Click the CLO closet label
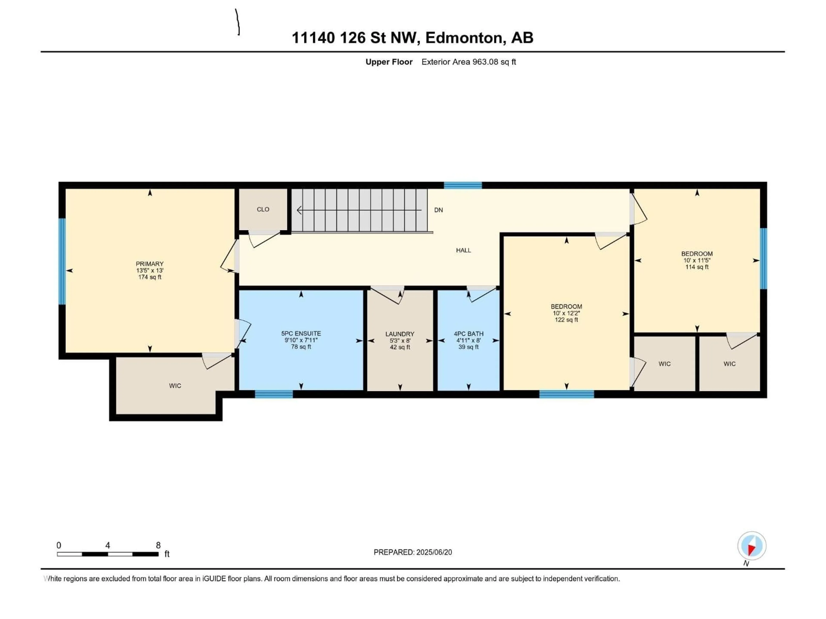click(x=263, y=209)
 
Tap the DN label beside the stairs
click(x=438, y=210)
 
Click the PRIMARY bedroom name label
click(x=150, y=264)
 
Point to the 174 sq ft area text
click(x=150, y=277)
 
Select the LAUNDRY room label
click(x=400, y=334)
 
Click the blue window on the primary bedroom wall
click(x=62, y=262)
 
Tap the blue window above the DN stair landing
click(x=463, y=185)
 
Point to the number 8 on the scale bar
click(x=158, y=545)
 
